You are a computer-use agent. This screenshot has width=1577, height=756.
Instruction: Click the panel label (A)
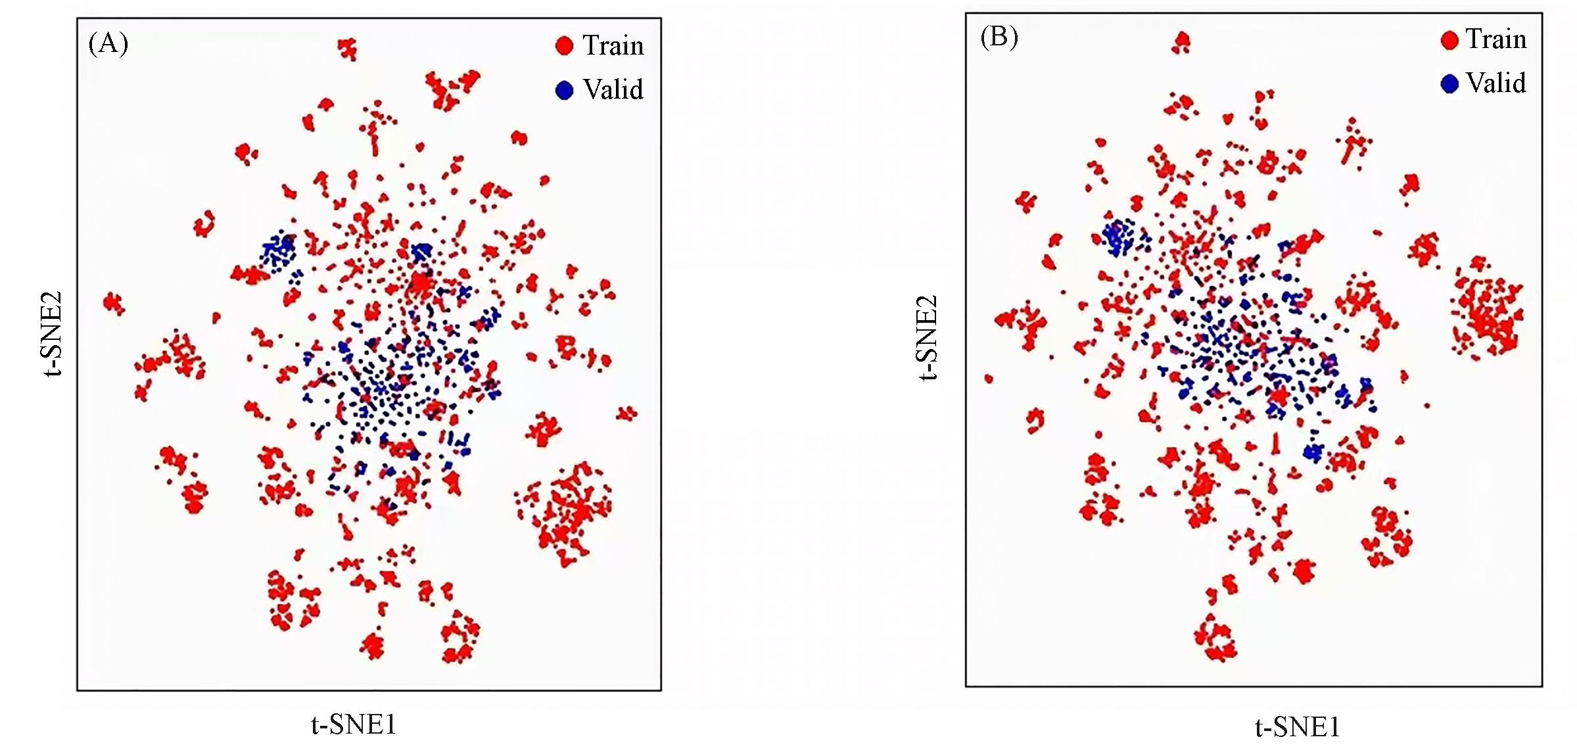click(x=108, y=44)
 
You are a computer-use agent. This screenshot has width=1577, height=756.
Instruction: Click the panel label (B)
click(x=999, y=37)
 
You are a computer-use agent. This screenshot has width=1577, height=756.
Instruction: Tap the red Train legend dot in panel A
click(x=564, y=45)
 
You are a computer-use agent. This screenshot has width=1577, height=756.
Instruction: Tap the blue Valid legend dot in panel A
click(x=564, y=90)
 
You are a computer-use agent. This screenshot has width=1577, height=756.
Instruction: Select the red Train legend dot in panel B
click(x=1449, y=40)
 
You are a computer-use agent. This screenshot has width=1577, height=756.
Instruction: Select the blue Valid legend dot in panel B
click(x=1449, y=83)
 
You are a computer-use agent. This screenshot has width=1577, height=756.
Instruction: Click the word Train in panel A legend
click(x=613, y=45)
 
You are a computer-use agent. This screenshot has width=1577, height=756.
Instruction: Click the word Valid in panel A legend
click(x=613, y=89)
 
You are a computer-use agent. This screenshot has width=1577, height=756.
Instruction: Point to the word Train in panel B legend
click(x=1495, y=39)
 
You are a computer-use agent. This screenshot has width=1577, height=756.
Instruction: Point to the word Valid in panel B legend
click(x=1496, y=83)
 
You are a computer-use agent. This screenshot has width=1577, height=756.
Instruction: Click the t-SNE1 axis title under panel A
click(x=354, y=724)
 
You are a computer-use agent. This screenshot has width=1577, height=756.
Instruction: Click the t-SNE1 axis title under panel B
click(x=1297, y=727)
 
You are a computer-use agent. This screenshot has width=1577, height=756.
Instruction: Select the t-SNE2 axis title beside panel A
click(x=52, y=333)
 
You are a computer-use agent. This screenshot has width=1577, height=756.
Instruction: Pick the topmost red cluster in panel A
click(x=347, y=49)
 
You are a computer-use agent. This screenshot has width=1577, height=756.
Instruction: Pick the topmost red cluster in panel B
click(x=1182, y=43)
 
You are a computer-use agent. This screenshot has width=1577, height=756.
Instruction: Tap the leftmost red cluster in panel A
click(x=114, y=303)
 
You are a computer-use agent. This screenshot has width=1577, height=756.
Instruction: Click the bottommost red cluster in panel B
click(x=1215, y=638)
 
